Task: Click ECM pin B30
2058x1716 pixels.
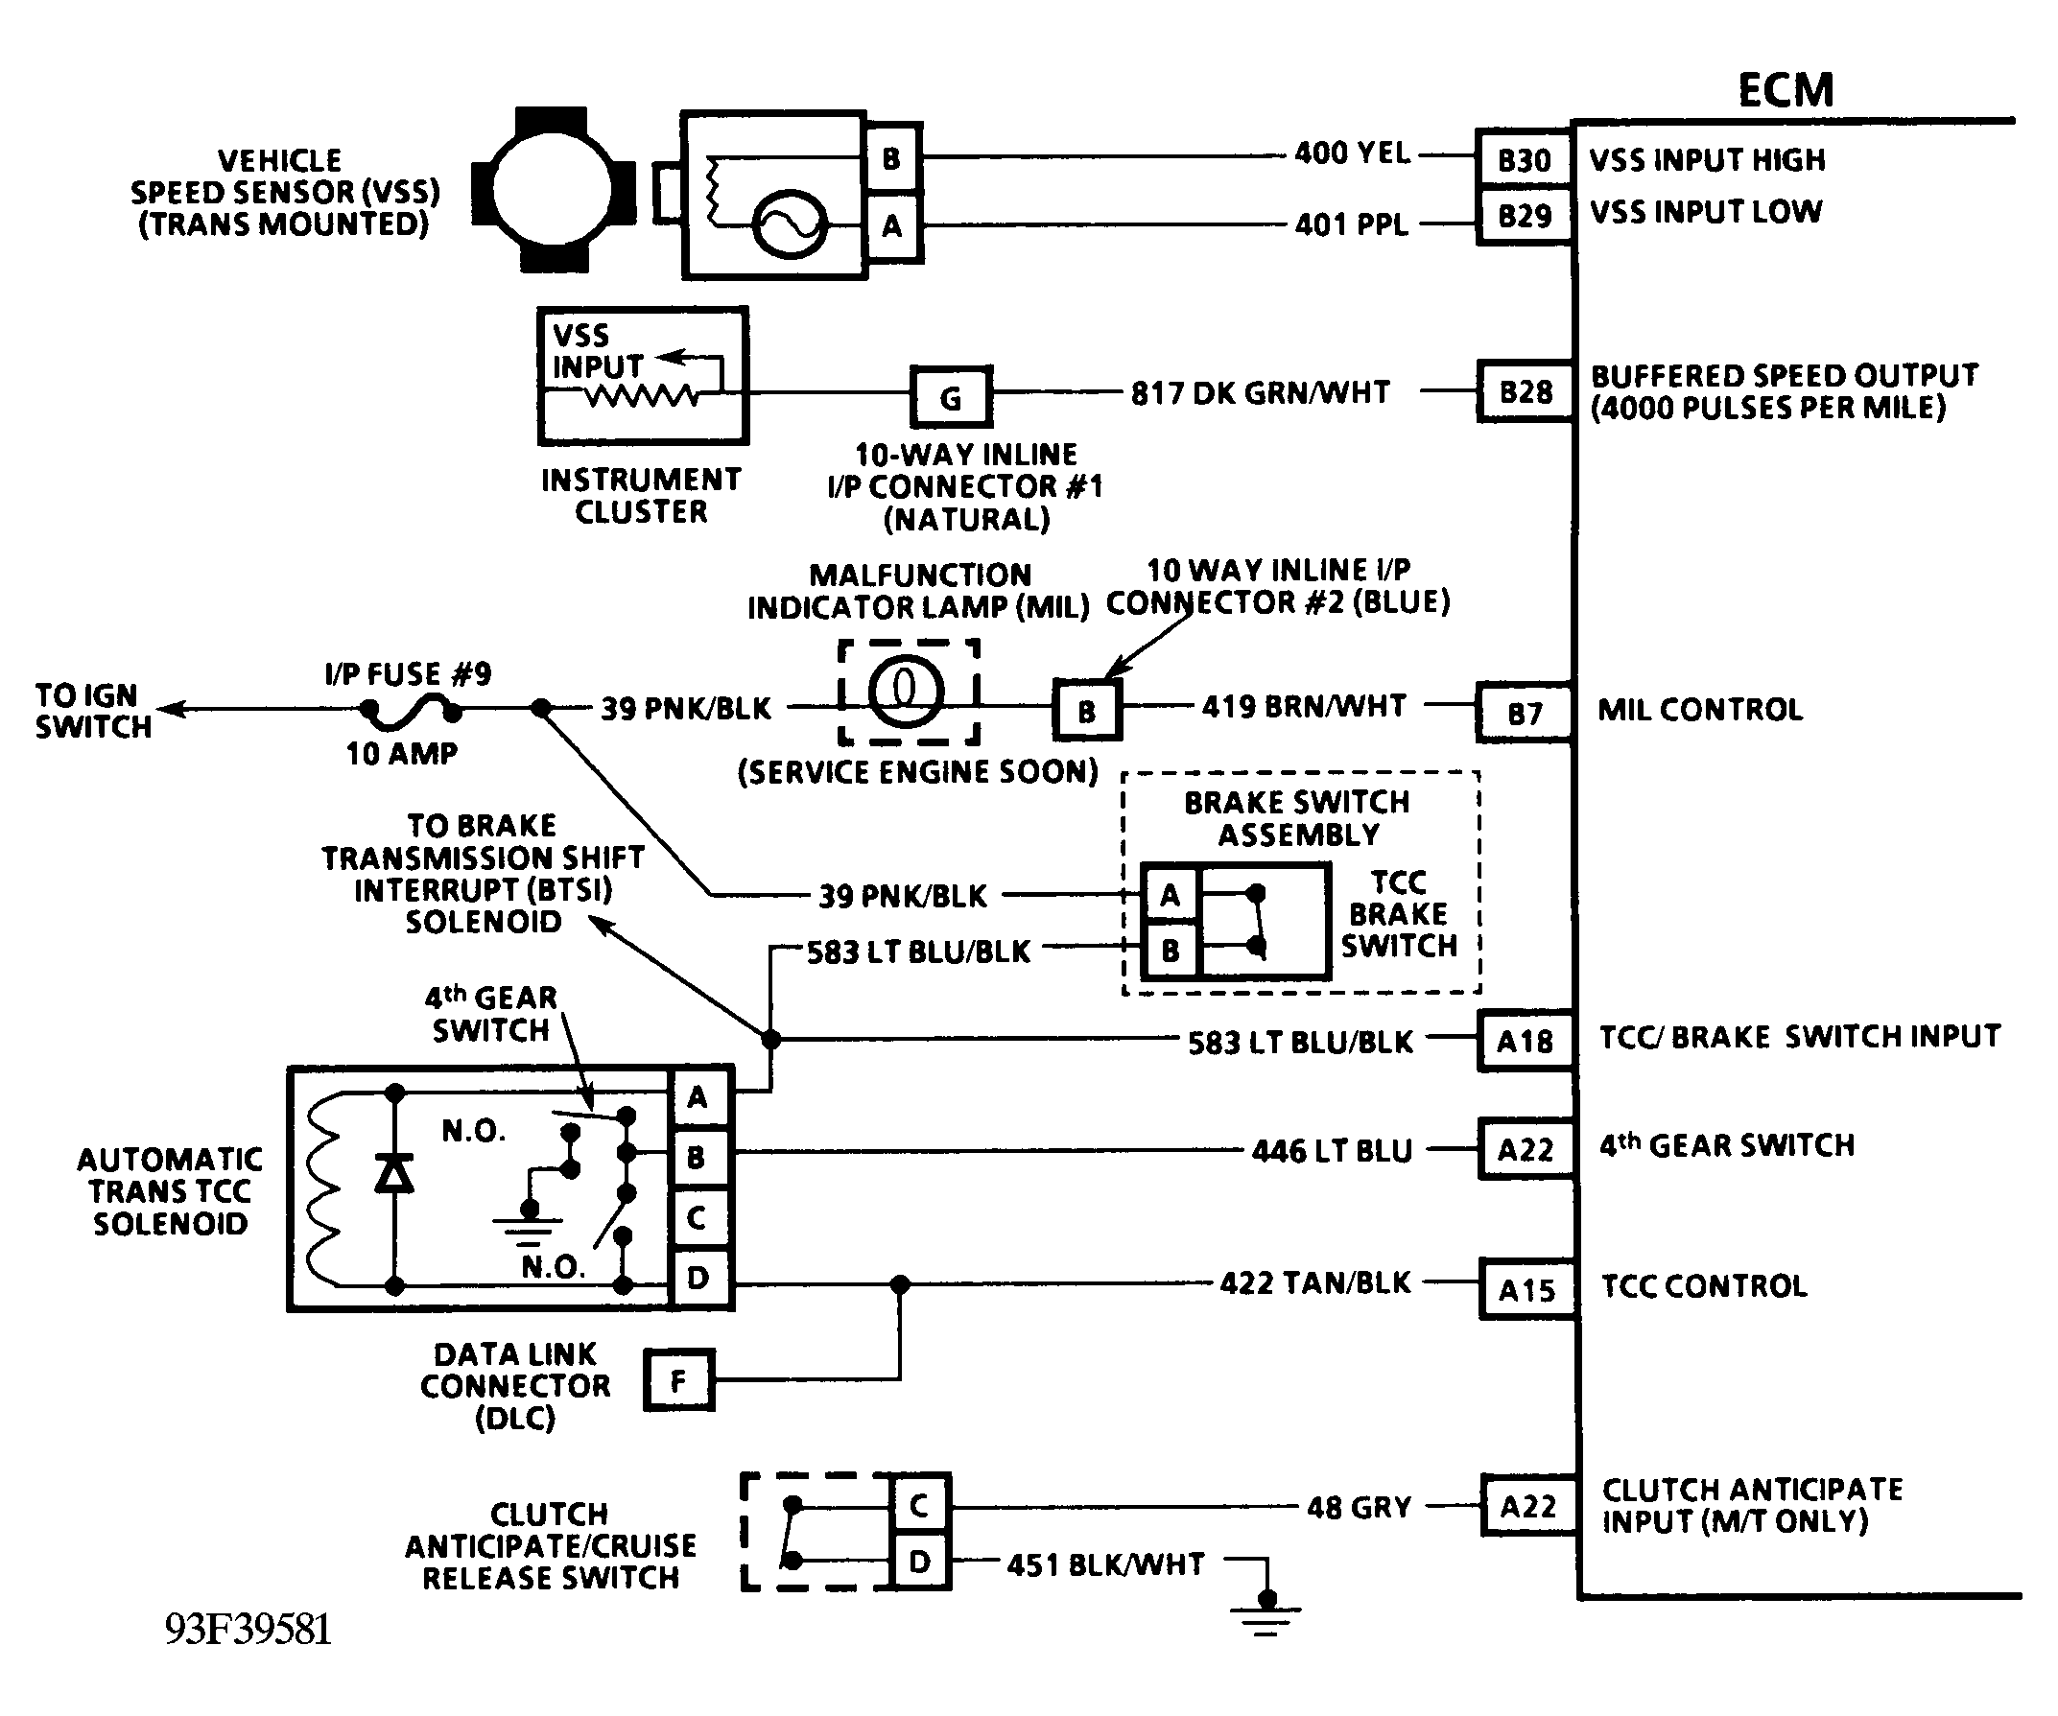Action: [x=1525, y=159]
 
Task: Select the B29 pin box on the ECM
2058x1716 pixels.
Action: [x=1525, y=216]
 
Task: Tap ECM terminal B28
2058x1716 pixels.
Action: [x=1526, y=392]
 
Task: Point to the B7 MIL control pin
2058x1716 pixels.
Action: [x=1525, y=713]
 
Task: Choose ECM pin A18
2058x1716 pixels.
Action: [x=1526, y=1040]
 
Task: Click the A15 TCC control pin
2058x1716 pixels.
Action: [x=1526, y=1289]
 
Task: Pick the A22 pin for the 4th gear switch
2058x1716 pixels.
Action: [x=1526, y=1148]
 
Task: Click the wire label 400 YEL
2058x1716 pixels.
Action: [x=1353, y=153]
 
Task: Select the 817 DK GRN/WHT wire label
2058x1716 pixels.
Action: [x=1261, y=393]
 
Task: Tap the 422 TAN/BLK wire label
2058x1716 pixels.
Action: [x=1315, y=1282]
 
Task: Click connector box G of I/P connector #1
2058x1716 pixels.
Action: [x=951, y=397]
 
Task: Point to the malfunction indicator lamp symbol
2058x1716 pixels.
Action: [x=907, y=690]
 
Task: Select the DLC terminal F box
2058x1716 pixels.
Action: [x=679, y=1380]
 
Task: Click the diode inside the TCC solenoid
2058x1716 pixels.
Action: [x=394, y=1172]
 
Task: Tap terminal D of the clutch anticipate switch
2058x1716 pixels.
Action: [x=919, y=1561]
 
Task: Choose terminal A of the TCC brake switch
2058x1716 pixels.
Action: [x=1170, y=895]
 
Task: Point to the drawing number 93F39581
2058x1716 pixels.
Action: [x=248, y=1630]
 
